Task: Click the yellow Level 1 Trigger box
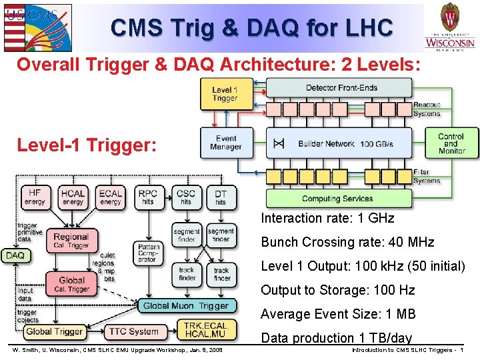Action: point(225,94)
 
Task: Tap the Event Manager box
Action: point(225,143)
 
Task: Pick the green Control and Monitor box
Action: point(451,143)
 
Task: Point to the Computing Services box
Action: point(339,199)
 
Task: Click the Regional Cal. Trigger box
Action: point(71,241)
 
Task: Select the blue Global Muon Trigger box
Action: point(185,306)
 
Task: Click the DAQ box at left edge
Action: point(15,255)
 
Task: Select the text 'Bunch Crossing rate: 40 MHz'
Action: point(347,242)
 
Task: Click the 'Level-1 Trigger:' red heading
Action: point(87,145)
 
